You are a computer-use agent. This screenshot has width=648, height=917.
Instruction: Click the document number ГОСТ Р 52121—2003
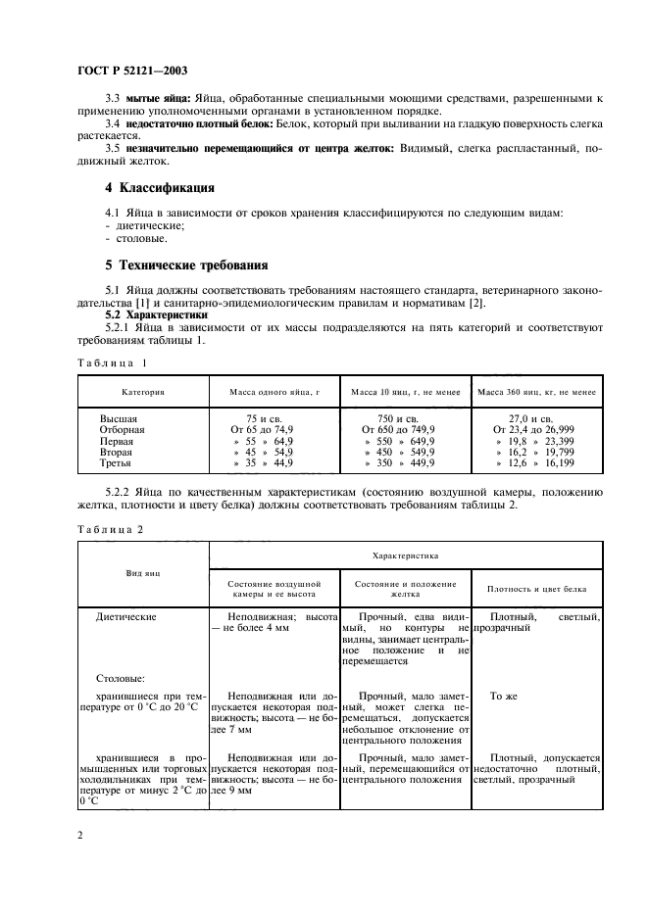tap(132, 70)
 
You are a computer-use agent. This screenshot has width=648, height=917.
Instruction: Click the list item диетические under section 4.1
tap(144, 224)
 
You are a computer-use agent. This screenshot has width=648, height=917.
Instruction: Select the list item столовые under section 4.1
tap(139, 237)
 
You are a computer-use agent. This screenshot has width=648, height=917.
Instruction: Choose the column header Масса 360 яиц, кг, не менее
tap(536, 392)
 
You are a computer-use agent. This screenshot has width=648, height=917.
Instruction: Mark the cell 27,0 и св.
tap(536, 417)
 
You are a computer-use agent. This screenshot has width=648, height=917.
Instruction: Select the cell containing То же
tap(503, 696)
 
